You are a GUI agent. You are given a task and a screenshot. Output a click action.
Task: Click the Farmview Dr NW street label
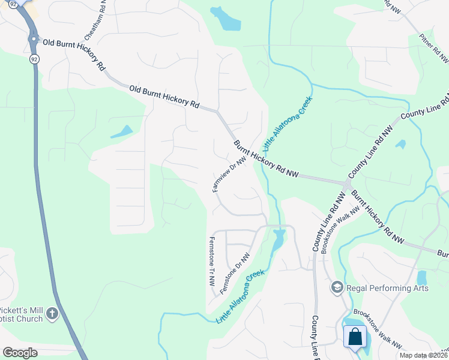coord(230,175)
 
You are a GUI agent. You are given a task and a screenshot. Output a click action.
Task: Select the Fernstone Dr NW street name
coord(235,274)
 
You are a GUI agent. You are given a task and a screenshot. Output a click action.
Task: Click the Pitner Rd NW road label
coord(435,48)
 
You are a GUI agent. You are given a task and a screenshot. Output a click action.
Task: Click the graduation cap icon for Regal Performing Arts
coord(336,288)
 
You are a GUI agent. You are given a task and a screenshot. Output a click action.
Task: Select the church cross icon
coord(52,313)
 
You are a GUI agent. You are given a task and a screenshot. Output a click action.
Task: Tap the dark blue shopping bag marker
coord(355,337)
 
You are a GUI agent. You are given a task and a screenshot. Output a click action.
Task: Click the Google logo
coord(20,352)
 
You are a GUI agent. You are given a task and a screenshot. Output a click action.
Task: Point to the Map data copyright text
coord(424,355)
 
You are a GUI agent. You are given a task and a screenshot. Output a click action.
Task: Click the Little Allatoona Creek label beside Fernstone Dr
coord(240,297)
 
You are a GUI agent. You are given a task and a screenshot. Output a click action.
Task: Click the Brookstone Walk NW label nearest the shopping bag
coord(378,329)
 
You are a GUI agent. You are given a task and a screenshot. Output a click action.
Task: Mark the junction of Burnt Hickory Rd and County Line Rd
coord(347,182)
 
